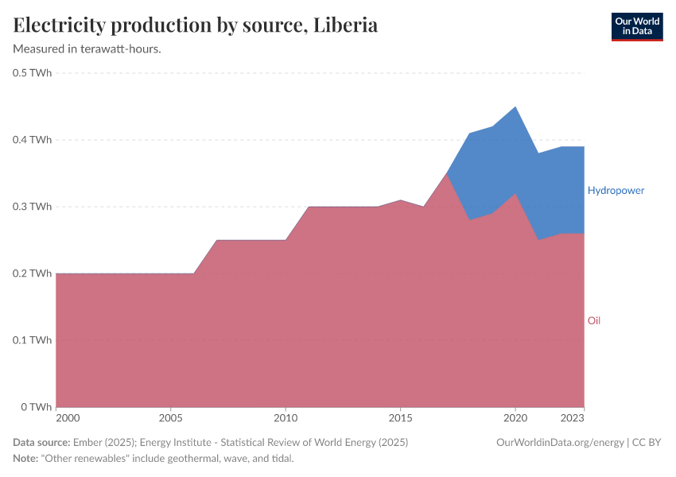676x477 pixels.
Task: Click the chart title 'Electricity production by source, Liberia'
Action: [196, 25]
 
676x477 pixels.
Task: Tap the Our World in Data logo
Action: [636, 26]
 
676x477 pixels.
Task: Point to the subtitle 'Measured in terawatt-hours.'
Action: [87, 48]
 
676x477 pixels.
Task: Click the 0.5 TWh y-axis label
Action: [33, 73]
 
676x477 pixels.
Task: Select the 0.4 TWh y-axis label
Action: [33, 140]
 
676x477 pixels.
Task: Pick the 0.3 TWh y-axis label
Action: [33, 207]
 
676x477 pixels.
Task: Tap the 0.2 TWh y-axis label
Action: [33, 273]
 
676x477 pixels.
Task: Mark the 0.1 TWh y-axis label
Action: [33, 340]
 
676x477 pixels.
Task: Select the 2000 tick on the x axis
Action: [68, 417]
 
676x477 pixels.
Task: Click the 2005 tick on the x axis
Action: [171, 417]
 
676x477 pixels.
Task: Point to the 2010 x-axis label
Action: [286, 417]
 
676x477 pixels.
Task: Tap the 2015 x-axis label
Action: [400, 417]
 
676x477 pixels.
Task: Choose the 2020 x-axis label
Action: [515, 417]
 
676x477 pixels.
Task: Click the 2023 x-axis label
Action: [573, 417]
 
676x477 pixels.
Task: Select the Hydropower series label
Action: [616, 191]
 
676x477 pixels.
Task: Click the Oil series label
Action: [594, 320]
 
